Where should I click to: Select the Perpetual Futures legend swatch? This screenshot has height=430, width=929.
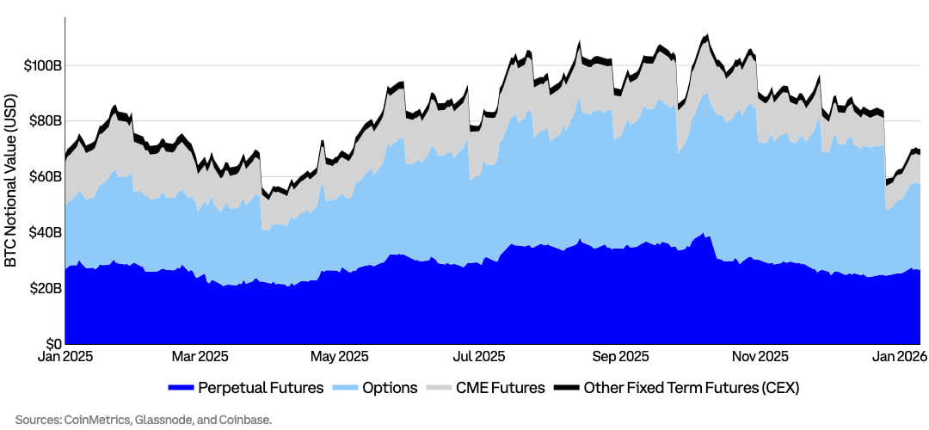click(181, 388)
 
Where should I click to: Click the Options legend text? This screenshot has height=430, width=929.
click(391, 388)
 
